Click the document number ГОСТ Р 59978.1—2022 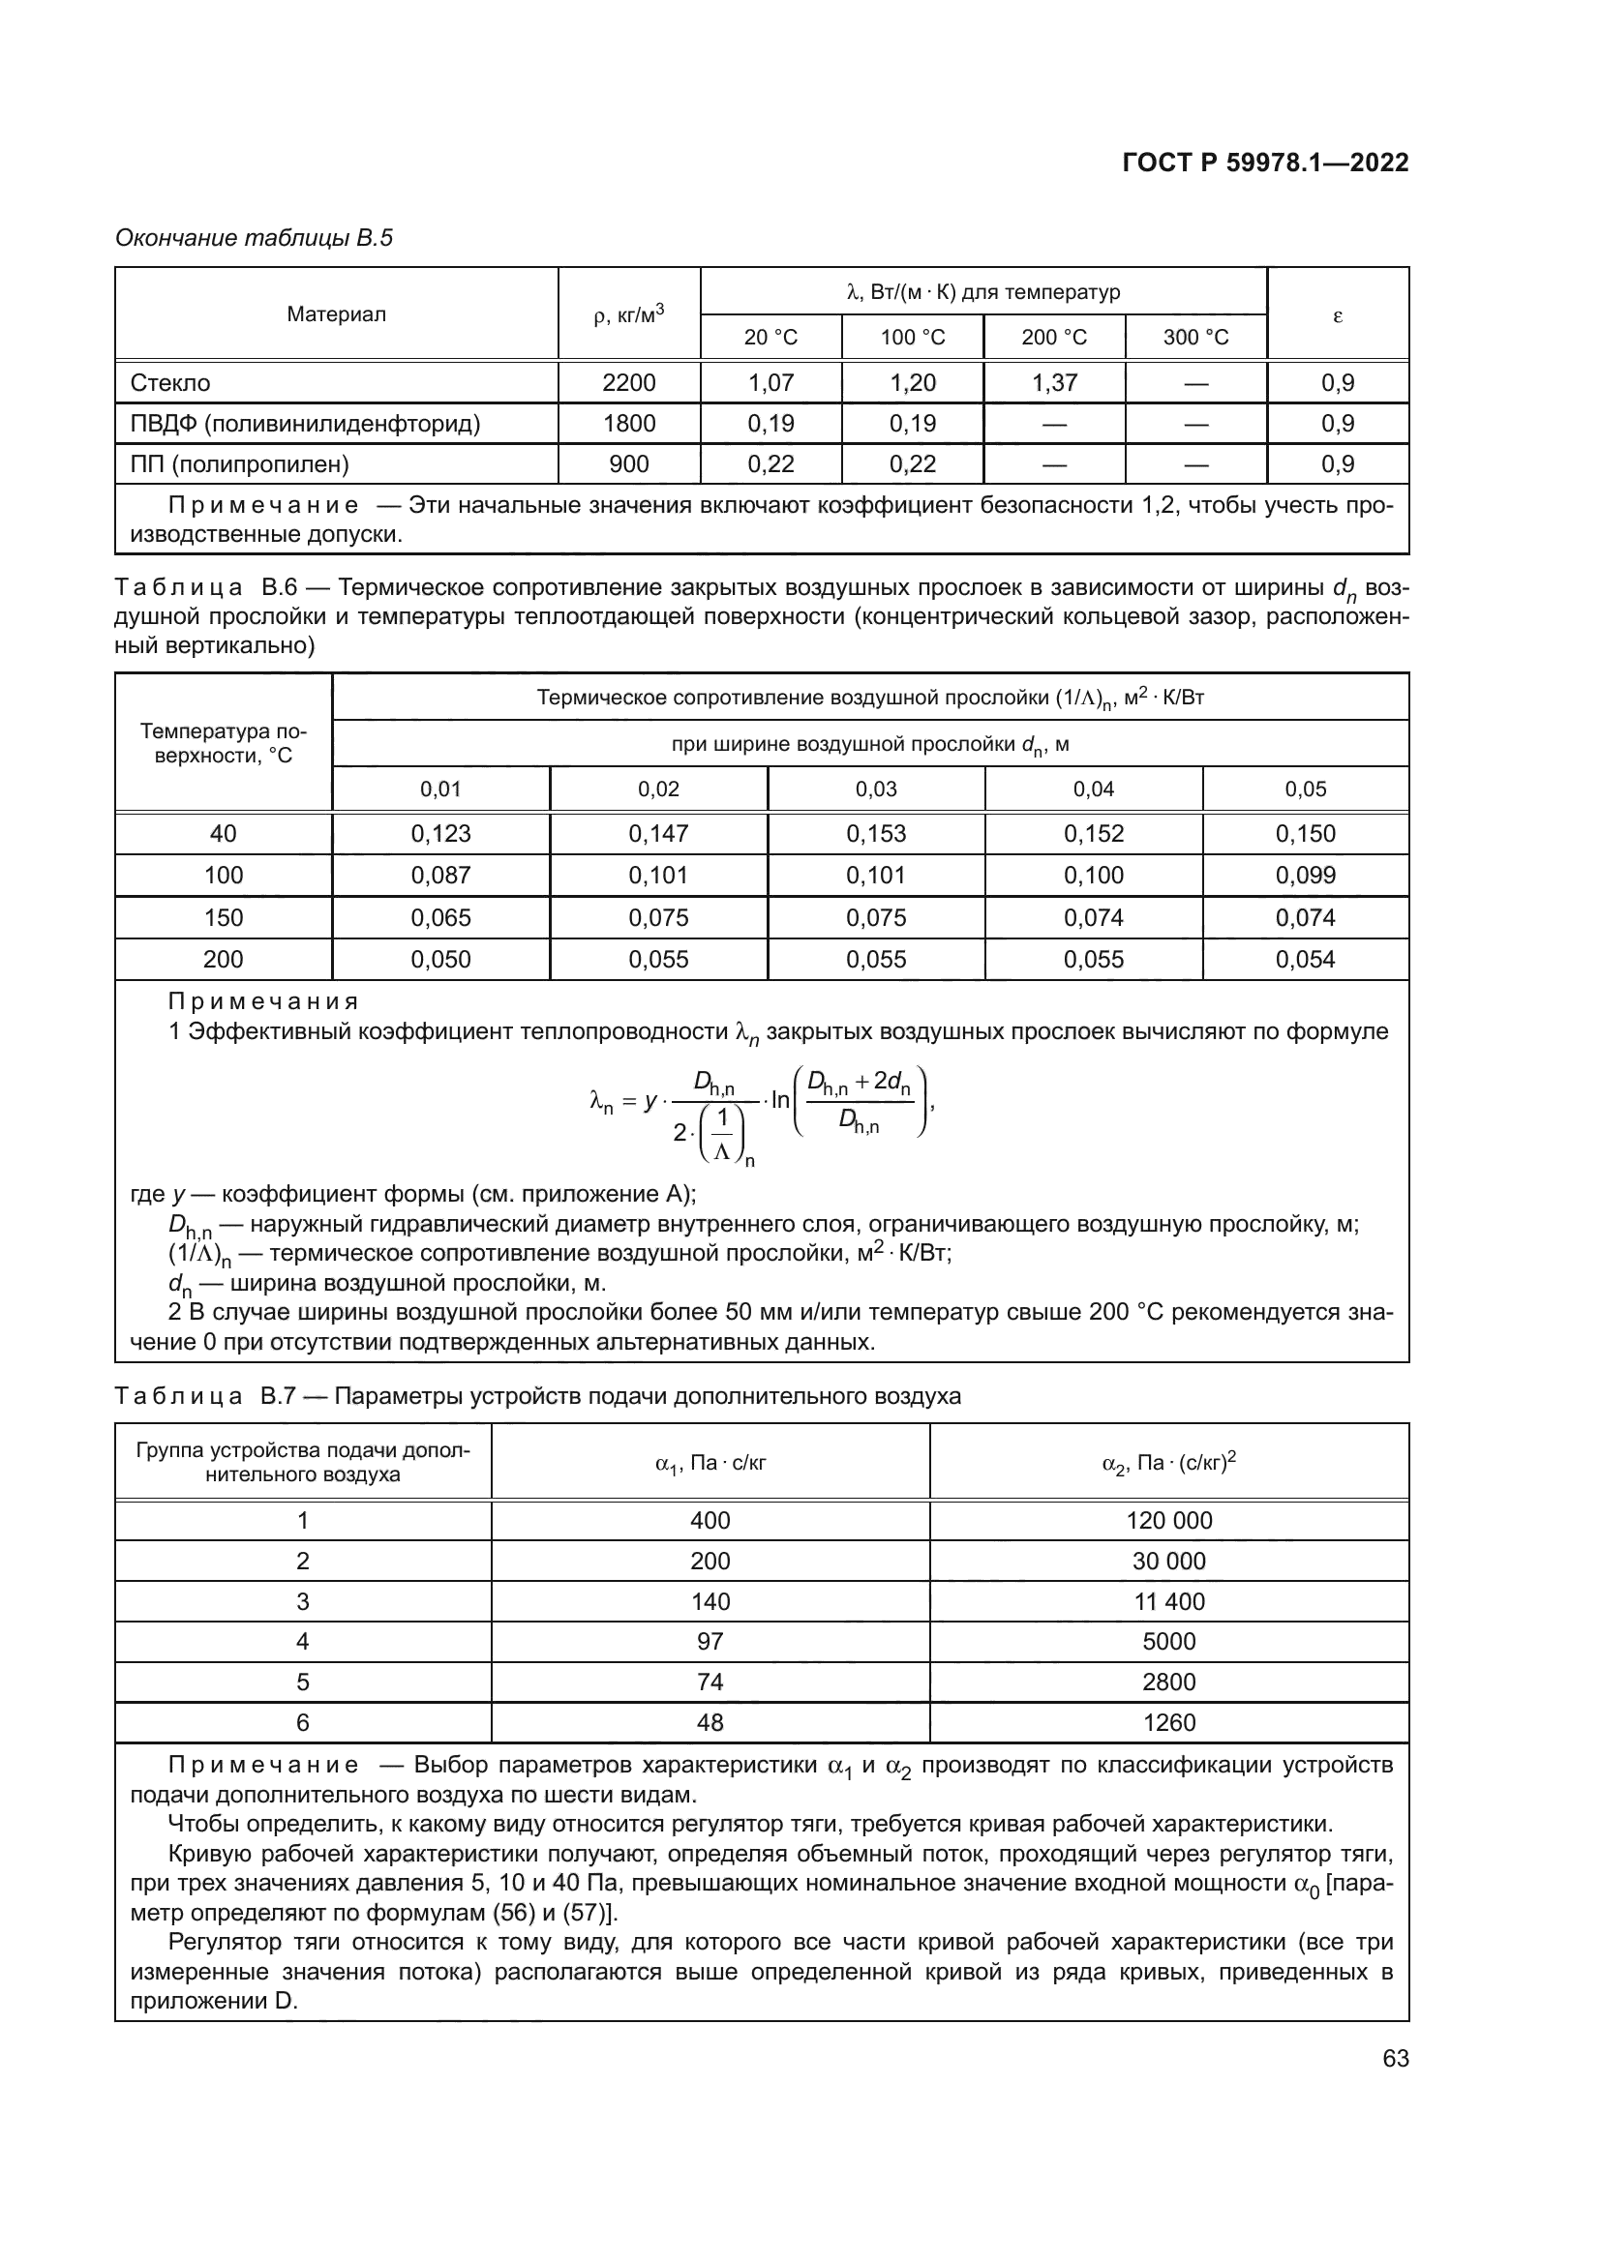1265,163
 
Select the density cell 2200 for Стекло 629,382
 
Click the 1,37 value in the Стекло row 1054,382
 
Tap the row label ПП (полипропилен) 239,463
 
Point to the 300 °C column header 1194,337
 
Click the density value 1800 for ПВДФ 629,423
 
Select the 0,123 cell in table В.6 440,833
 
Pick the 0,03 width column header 875,789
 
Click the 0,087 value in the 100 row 440,876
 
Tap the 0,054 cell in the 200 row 1304,959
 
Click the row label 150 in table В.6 223,917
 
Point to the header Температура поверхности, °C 223,743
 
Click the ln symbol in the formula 781,1100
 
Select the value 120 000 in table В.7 1168,1520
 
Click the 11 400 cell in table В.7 1168,1601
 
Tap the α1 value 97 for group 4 710,1641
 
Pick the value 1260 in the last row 1168,1723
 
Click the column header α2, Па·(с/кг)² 1168,1463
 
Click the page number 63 1395,2058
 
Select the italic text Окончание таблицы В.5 255,238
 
